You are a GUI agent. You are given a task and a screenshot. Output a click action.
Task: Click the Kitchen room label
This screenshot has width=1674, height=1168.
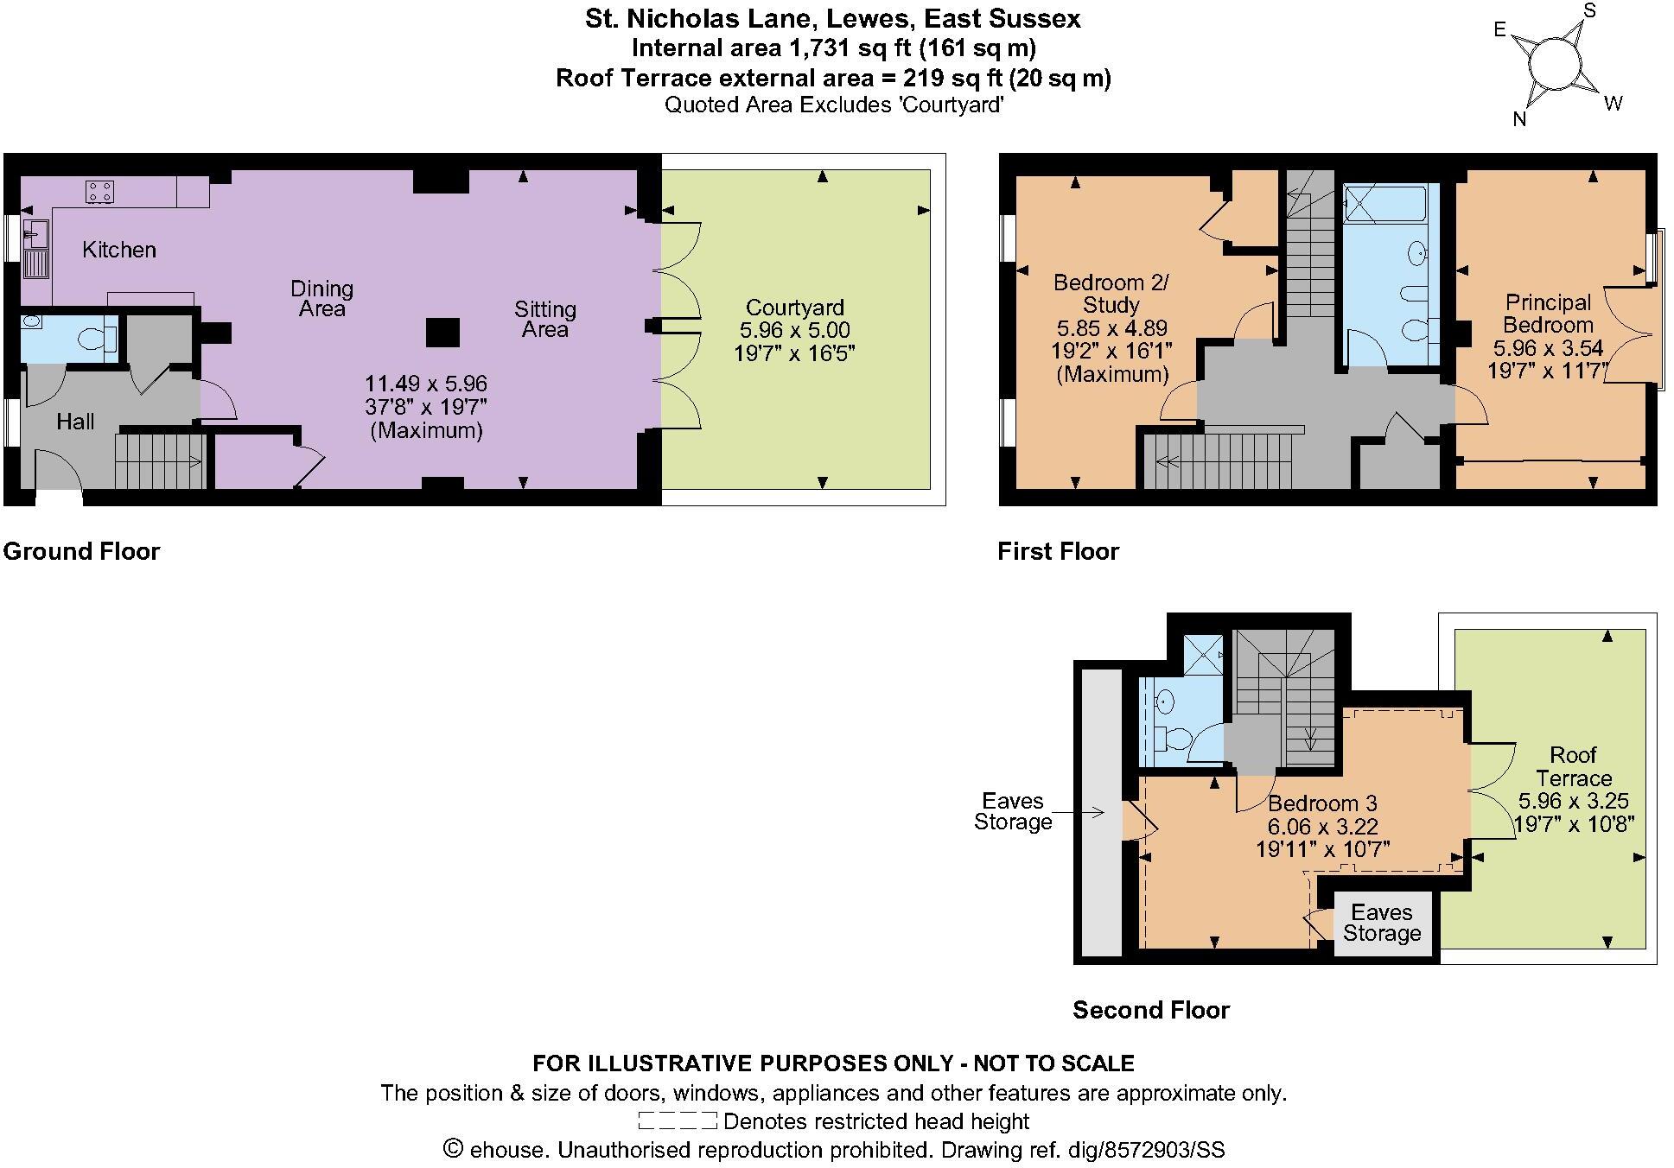click(x=119, y=250)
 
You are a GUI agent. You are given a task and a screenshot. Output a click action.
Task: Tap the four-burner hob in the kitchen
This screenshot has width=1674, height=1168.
click(x=99, y=191)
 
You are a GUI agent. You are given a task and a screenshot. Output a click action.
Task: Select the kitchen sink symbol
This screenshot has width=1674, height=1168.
click(x=35, y=231)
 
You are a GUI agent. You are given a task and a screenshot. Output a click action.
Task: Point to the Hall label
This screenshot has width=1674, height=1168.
click(x=75, y=422)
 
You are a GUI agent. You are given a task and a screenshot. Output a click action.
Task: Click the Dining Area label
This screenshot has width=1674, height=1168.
click(x=321, y=298)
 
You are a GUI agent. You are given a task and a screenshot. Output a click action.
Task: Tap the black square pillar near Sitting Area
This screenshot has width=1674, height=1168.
click(x=442, y=333)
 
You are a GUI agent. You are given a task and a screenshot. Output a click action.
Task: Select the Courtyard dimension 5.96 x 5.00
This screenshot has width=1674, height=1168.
click(x=794, y=330)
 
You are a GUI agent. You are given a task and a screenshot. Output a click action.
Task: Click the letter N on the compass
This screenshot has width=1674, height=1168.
click(x=1519, y=119)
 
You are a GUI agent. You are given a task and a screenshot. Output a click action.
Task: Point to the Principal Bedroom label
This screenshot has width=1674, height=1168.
click(x=1548, y=314)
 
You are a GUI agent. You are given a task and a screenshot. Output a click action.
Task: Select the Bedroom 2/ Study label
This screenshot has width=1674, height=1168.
click(x=1111, y=294)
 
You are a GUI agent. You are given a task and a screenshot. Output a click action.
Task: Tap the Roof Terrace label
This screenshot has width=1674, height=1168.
click(x=1573, y=766)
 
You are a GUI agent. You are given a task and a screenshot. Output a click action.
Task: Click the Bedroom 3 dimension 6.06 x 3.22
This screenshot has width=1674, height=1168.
click(x=1322, y=827)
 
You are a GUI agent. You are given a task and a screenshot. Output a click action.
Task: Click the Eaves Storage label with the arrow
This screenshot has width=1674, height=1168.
click(x=1012, y=811)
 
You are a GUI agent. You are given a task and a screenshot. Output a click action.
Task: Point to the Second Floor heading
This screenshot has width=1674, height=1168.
click(x=1150, y=1010)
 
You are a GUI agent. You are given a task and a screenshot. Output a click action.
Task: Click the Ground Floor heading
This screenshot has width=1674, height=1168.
click(x=81, y=551)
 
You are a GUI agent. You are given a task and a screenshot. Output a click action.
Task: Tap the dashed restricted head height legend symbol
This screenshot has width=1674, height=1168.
click(x=677, y=1121)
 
